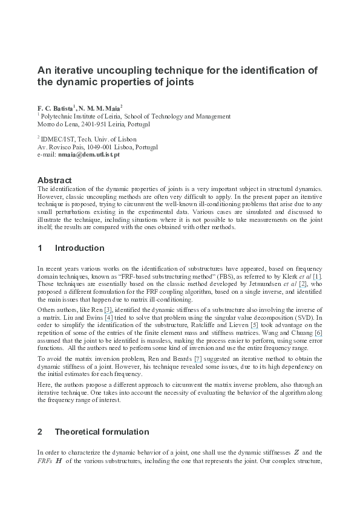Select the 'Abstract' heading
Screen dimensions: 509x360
[54, 180]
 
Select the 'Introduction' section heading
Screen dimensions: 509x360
[79, 248]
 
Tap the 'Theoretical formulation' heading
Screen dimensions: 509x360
[102, 432]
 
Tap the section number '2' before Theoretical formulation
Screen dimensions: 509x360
[40, 432]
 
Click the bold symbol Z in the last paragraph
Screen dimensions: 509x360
[297, 453]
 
